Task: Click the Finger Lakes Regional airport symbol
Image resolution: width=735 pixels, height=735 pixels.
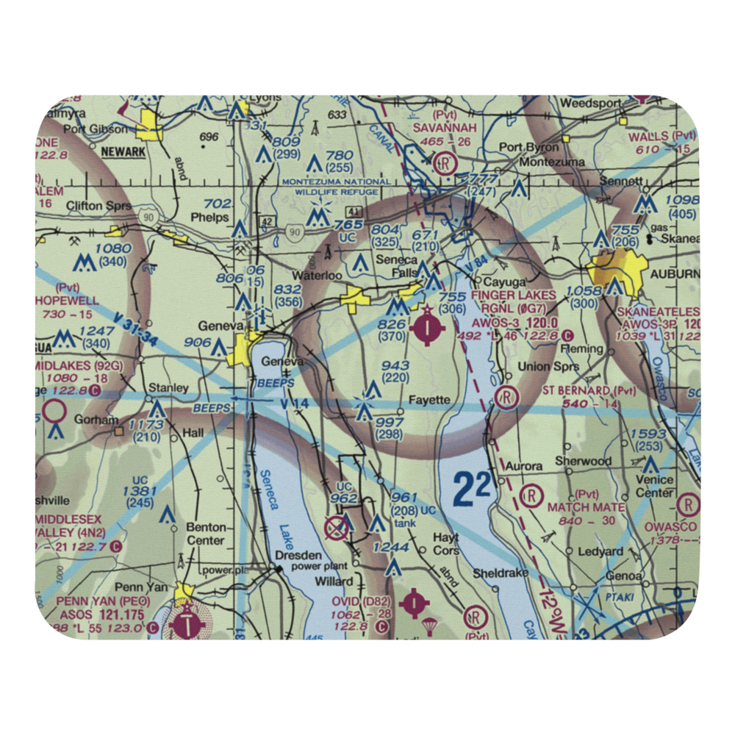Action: (427, 329)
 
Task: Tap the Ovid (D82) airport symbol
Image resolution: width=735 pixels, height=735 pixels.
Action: (416, 603)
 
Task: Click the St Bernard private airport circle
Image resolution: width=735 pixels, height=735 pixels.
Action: (507, 398)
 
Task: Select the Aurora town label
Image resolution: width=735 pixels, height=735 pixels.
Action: (524, 466)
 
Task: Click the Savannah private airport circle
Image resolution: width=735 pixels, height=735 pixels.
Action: (445, 162)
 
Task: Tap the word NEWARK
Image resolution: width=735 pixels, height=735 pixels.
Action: (123, 151)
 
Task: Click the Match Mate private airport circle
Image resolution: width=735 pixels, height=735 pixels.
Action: (531, 497)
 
